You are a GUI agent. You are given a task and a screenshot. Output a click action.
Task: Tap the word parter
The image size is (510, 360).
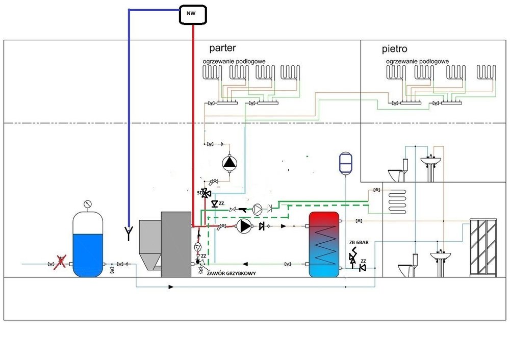point(222,48)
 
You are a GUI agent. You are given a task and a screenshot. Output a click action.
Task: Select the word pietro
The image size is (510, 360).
point(394,49)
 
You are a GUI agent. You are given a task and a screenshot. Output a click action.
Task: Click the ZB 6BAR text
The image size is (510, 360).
point(359,243)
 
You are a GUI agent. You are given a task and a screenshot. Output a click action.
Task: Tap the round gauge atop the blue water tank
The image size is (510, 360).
point(88,204)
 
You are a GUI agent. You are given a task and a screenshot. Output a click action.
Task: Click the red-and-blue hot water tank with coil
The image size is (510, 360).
point(323,244)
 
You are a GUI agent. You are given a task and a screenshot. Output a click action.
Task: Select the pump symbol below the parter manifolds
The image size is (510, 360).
point(229,163)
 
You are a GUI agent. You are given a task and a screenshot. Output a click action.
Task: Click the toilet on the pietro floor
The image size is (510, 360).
point(398,171)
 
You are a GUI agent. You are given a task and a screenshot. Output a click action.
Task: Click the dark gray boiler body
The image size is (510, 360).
point(176,244)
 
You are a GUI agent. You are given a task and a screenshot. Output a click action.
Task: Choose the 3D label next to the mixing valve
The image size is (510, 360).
point(199,193)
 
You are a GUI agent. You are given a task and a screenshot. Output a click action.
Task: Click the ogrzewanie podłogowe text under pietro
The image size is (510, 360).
point(417,61)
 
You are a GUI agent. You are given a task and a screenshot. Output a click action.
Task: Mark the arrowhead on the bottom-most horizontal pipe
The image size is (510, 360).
point(171,287)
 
